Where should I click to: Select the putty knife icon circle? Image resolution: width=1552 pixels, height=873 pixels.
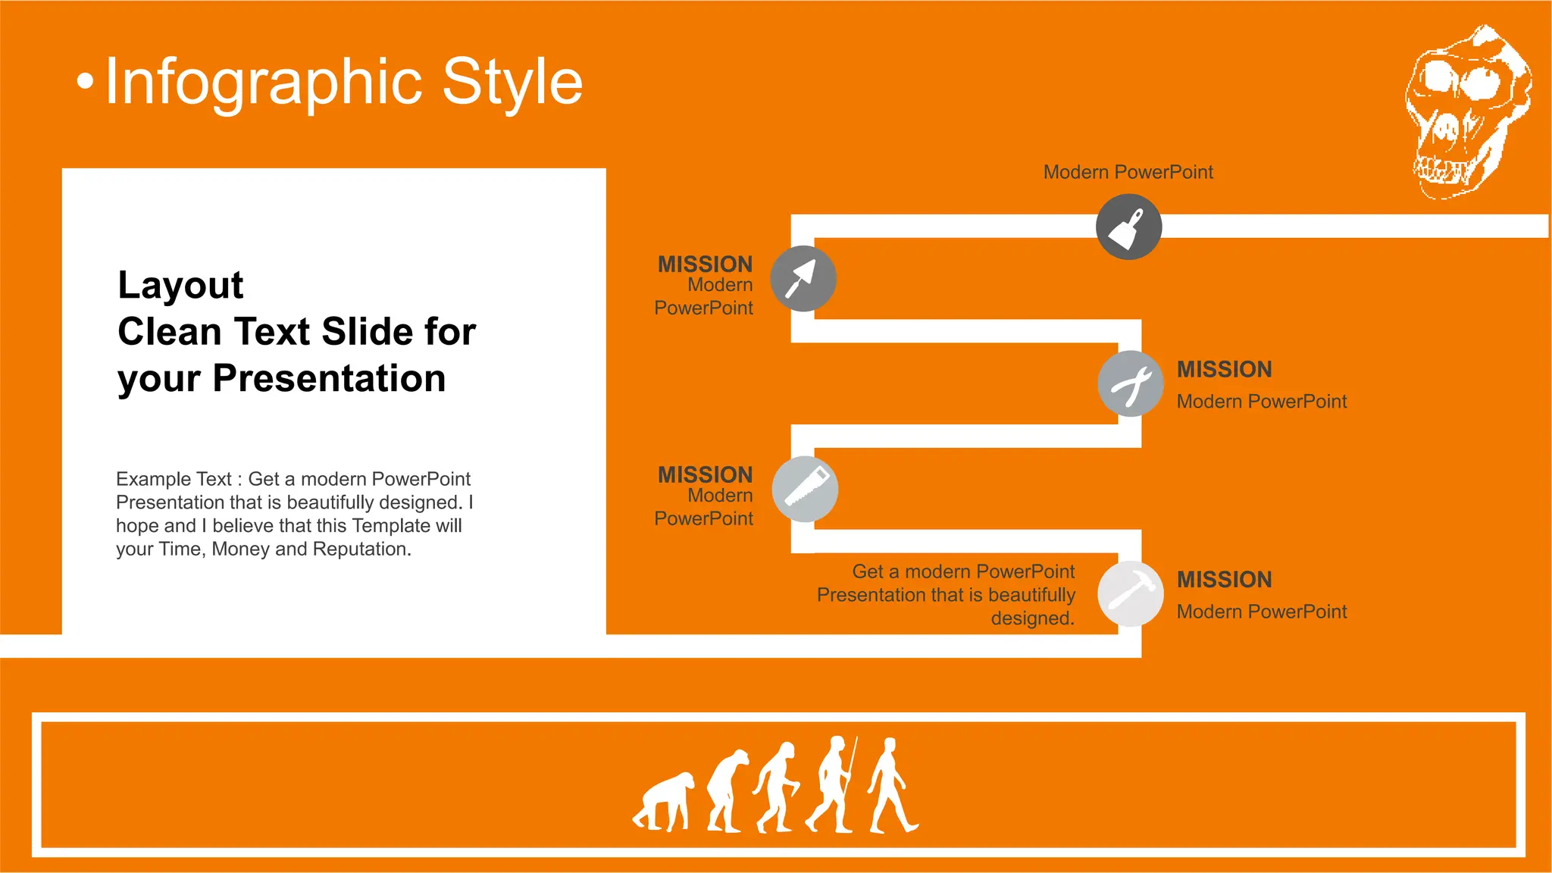point(1128,227)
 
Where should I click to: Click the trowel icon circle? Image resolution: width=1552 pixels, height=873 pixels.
point(803,278)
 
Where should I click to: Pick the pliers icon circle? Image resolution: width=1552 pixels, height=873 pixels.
point(1131,383)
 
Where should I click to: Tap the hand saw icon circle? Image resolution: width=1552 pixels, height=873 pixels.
point(805,489)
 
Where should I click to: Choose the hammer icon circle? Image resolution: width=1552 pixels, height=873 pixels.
point(1131,593)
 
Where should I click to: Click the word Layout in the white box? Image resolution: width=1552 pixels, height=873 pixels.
point(180,286)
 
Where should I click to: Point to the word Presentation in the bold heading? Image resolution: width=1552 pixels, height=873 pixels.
point(329,378)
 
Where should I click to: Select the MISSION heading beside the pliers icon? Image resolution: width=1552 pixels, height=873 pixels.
point(1224,370)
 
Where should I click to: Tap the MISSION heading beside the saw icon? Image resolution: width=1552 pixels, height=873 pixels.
point(705,474)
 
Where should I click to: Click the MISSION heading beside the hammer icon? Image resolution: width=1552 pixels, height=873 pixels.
point(1224,580)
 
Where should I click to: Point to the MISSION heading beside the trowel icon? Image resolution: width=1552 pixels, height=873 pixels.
point(705,264)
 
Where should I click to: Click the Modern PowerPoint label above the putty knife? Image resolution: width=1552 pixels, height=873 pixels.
point(1128,172)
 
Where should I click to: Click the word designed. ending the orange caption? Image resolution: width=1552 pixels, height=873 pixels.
point(1032,618)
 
